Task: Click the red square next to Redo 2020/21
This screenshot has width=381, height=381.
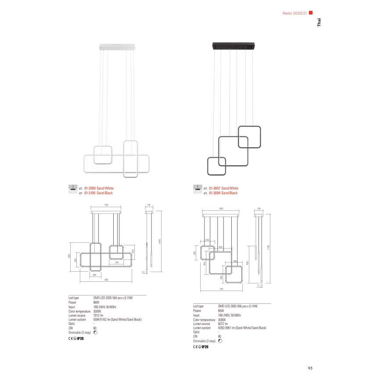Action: pos(311,12)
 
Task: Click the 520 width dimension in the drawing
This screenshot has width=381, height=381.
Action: pos(106,205)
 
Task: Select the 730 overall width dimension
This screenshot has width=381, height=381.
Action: pos(221,290)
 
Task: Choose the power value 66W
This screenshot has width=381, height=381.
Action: pos(221,311)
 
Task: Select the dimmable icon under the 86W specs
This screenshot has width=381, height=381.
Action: pos(96,333)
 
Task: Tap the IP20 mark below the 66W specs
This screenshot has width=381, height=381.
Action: pos(204,347)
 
